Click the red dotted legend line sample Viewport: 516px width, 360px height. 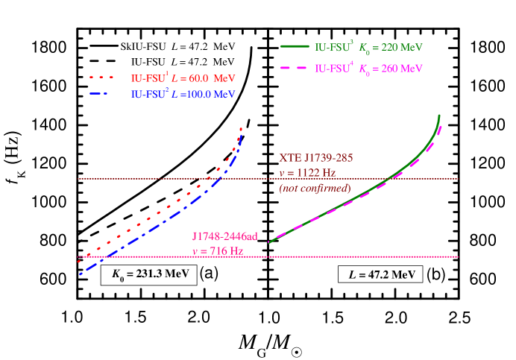click(x=104, y=77)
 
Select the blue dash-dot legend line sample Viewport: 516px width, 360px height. click(x=104, y=94)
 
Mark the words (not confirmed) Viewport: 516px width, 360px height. click(x=315, y=188)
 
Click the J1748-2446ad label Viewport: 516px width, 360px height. click(x=225, y=237)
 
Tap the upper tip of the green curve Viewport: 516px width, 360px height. click(x=440, y=116)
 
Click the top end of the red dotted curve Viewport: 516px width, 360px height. click(x=242, y=128)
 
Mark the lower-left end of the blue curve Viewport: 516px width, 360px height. click(x=79, y=275)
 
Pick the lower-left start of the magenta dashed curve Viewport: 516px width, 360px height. click(x=268, y=241)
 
